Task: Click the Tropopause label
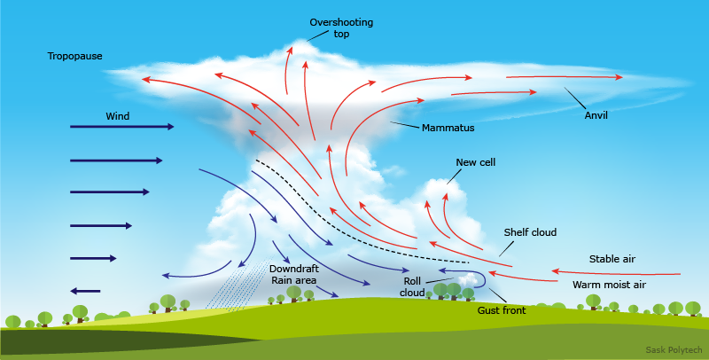point(74,57)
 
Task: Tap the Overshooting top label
point(330,27)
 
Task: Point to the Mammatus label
point(448,129)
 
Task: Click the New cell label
point(475,163)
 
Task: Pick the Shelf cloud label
point(530,232)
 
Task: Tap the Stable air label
point(612,259)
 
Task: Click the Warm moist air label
point(609,285)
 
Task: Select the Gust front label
point(502,310)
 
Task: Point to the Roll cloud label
point(412,286)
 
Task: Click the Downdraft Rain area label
point(293,273)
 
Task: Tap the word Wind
point(118,116)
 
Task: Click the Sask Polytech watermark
point(674,351)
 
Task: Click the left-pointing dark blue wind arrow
point(85,291)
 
